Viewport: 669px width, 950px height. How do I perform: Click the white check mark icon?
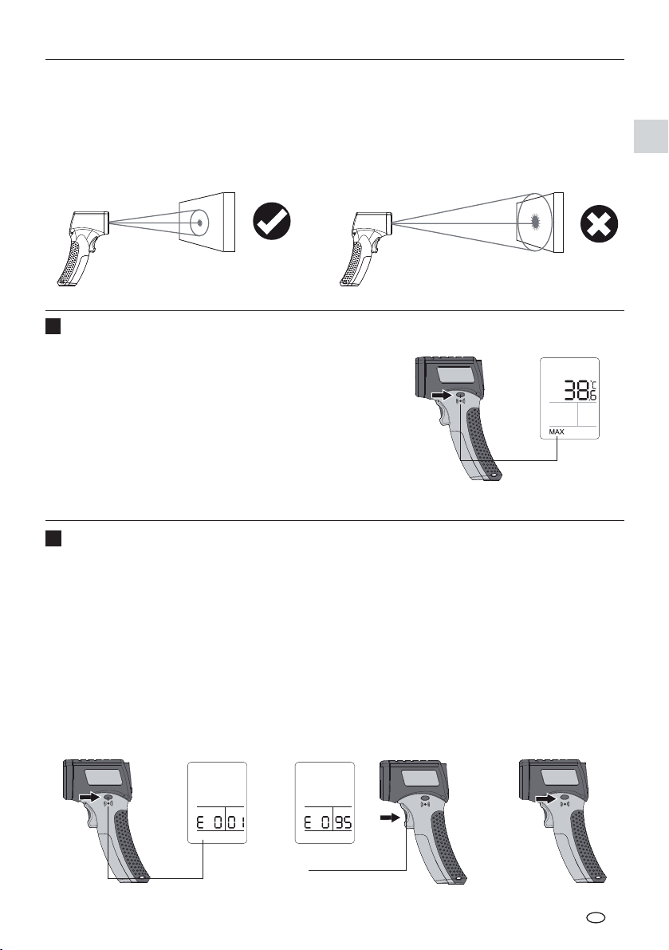pyautogui.click(x=272, y=221)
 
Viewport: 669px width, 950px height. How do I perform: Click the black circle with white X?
pyautogui.click(x=600, y=223)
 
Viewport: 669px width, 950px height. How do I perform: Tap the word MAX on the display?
pyautogui.click(x=557, y=432)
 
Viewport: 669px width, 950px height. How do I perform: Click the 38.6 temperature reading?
pyautogui.click(x=580, y=390)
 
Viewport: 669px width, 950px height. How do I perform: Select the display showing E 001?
pyautogui.click(x=218, y=802)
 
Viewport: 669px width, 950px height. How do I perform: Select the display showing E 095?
pyautogui.click(x=325, y=802)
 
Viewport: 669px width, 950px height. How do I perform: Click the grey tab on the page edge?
pyautogui.click(x=651, y=136)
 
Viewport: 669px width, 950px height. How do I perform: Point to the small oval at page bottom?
pyautogui.click(x=596, y=917)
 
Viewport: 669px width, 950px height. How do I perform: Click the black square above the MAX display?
pyautogui.click(x=53, y=327)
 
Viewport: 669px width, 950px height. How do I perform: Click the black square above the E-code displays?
pyautogui.click(x=53, y=538)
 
